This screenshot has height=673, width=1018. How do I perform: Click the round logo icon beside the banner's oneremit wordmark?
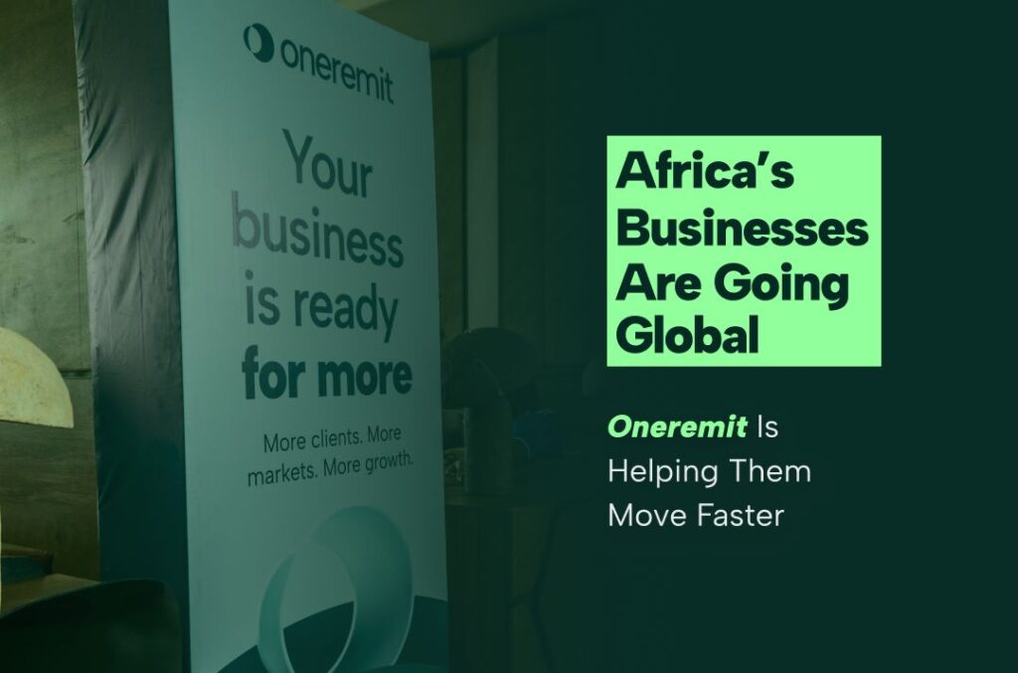(257, 43)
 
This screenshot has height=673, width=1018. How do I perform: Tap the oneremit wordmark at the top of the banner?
(336, 71)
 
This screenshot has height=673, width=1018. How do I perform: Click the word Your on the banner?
(328, 164)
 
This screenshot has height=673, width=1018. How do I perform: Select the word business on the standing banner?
(317, 232)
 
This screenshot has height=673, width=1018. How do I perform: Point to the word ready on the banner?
(345, 309)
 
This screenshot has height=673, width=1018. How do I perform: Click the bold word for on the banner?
(272, 373)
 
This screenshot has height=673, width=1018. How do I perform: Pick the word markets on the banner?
(281, 474)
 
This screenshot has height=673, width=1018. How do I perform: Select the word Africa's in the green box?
(705, 171)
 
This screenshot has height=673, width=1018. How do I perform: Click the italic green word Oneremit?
(677, 427)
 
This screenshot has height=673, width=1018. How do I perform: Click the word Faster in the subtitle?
(741, 515)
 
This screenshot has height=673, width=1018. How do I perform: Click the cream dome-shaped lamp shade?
(33, 379)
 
